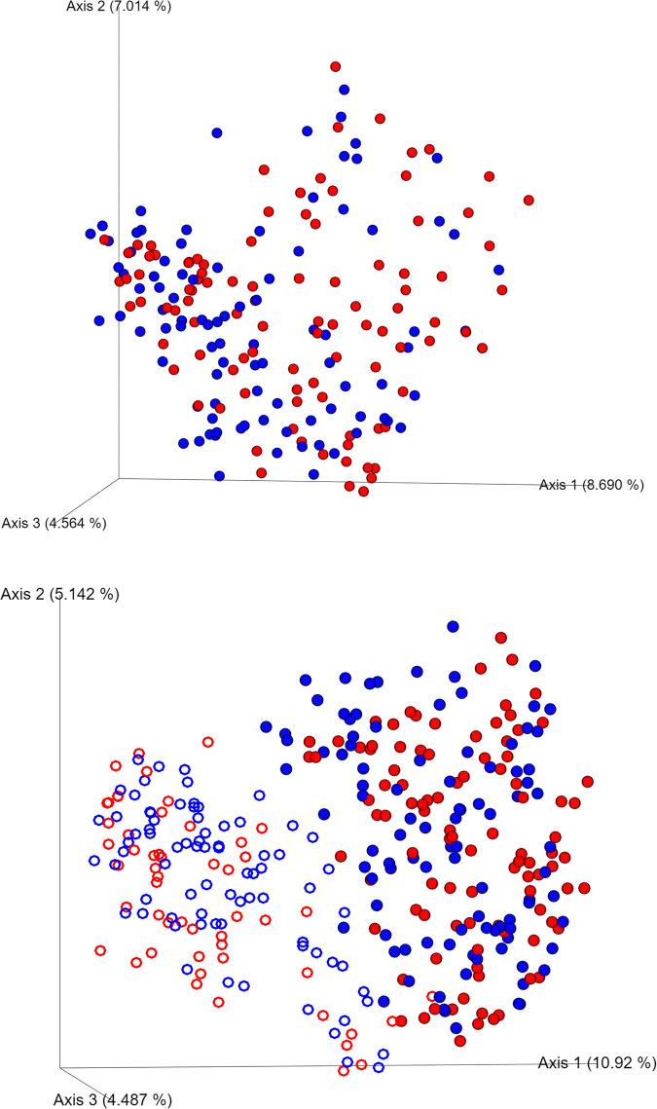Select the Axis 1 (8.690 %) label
click(x=592, y=484)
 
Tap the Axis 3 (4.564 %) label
click(x=54, y=523)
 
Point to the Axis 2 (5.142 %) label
click(x=61, y=594)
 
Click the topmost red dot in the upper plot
click(x=336, y=66)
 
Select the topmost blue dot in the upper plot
click(x=344, y=90)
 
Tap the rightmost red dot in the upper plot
click(x=529, y=200)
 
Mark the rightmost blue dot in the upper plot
click(x=499, y=270)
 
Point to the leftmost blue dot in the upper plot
click(x=91, y=234)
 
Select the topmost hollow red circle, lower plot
click(x=207, y=742)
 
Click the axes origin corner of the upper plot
click(x=119, y=478)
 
